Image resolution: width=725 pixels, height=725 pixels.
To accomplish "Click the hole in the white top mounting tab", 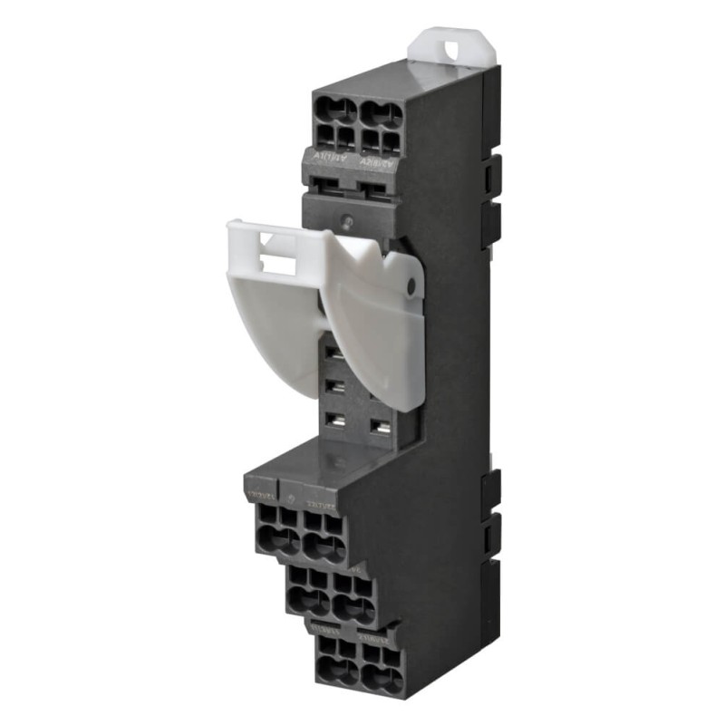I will pyautogui.click(x=450, y=43).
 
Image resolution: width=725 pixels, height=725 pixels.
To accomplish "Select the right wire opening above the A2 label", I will pyautogui.click(x=383, y=115).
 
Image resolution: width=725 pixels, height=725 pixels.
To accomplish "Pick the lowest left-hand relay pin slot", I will pyautogui.click(x=333, y=419).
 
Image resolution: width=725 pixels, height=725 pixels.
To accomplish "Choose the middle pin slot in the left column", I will pyautogui.click(x=333, y=385).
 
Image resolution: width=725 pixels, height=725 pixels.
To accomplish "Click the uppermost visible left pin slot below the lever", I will pyautogui.click(x=333, y=352).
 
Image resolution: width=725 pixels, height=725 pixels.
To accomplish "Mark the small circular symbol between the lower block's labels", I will pyautogui.click(x=290, y=498).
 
